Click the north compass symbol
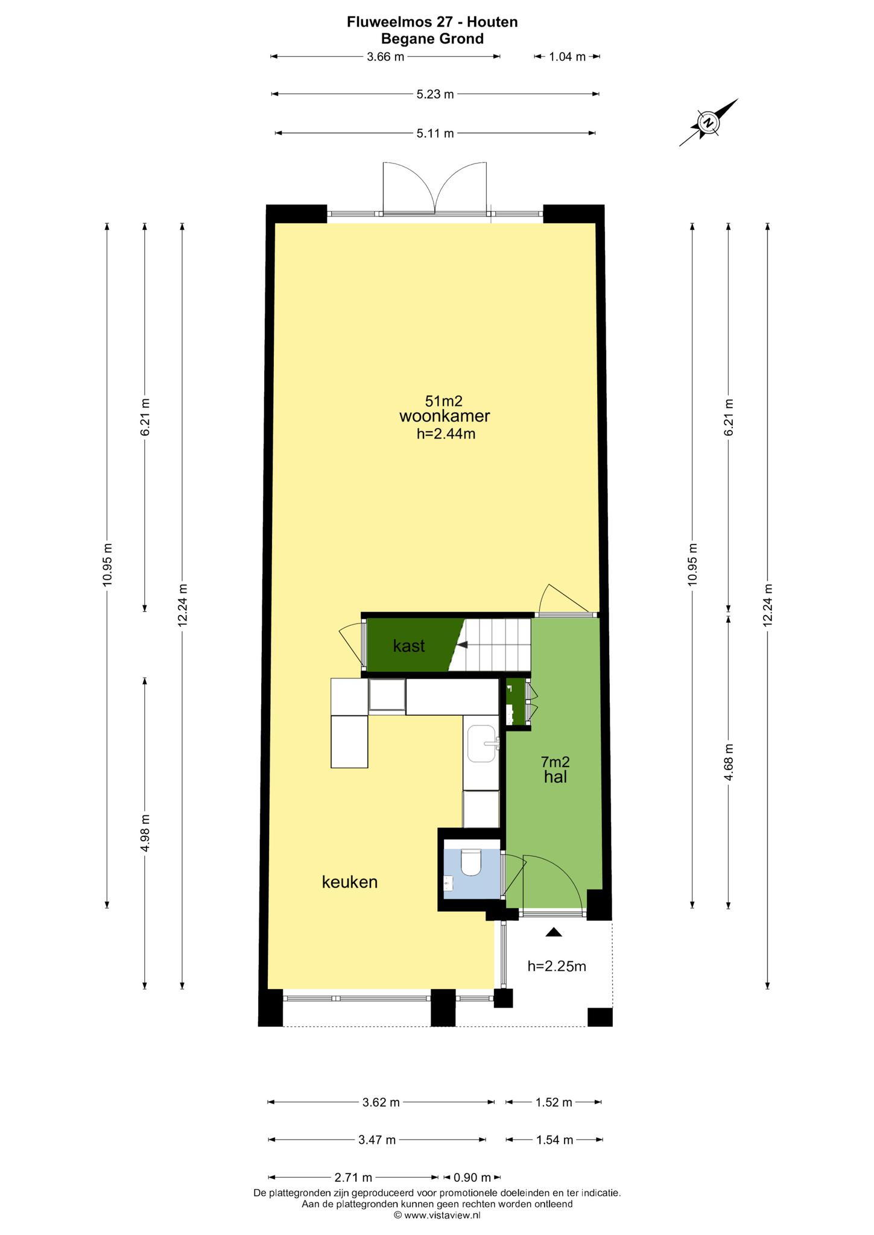(x=708, y=122)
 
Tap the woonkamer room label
(x=445, y=416)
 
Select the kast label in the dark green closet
(x=409, y=646)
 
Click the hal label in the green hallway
(x=556, y=777)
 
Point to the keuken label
(x=350, y=882)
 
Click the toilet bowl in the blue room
(x=470, y=863)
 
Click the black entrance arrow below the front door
(x=554, y=932)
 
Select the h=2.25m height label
(x=557, y=966)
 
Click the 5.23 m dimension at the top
(x=435, y=94)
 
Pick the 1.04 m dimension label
(x=567, y=57)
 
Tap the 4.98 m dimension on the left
(x=145, y=833)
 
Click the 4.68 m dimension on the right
(x=729, y=762)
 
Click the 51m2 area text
(x=444, y=400)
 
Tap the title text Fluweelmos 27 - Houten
(x=432, y=22)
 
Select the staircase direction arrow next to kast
(x=462, y=645)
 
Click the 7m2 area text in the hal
(x=556, y=762)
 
